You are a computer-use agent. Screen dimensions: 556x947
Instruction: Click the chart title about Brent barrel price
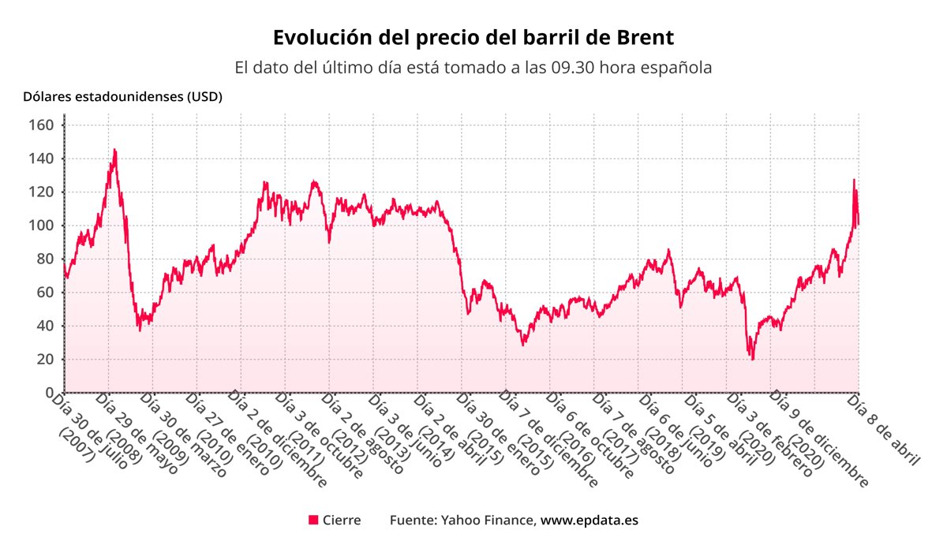tap(473, 37)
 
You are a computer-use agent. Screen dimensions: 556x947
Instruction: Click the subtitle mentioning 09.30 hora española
tap(473, 68)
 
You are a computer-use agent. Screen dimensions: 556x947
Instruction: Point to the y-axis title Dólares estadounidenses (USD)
tap(122, 97)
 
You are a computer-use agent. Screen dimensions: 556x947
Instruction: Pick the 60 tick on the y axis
tap(47, 293)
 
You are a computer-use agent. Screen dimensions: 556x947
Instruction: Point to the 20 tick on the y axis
tap(47, 360)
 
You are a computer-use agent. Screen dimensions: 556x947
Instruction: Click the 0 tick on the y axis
tap(50, 393)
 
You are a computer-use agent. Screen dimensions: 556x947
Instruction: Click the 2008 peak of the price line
tap(114, 150)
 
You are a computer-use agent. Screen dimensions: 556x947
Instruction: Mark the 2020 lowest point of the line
tap(753, 360)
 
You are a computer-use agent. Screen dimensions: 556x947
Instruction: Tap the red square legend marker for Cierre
tap(313, 520)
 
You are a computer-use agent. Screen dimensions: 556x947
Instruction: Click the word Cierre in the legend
tap(342, 521)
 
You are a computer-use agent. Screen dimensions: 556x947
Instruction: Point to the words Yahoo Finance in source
tap(488, 521)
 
